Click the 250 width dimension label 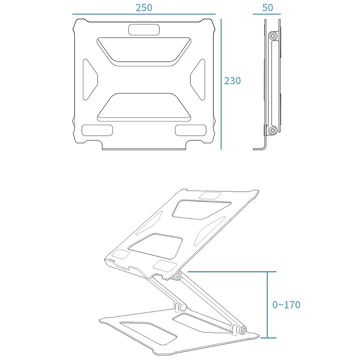[144, 8]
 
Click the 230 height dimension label [233, 81]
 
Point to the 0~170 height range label [286, 305]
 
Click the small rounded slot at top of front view [144, 30]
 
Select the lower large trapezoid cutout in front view [144, 107]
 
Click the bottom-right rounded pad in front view [191, 130]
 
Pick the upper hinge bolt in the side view [272, 36]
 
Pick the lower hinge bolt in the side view [272, 130]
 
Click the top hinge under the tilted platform [178, 275]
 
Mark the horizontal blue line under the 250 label [144, 14]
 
